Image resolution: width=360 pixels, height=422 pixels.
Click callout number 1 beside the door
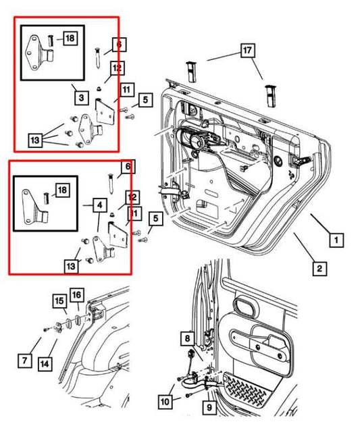click(x=336, y=239)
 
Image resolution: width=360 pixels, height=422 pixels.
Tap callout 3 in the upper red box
click(x=80, y=98)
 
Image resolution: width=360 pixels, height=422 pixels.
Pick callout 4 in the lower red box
click(x=99, y=204)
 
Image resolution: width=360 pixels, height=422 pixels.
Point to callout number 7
click(x=25, y=361)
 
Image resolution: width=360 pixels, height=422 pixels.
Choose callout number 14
click(x=44, y=363)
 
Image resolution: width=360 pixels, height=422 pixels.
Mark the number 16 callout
click(x=76, y=295)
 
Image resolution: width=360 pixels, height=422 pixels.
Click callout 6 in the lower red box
click(x=126, y=166)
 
